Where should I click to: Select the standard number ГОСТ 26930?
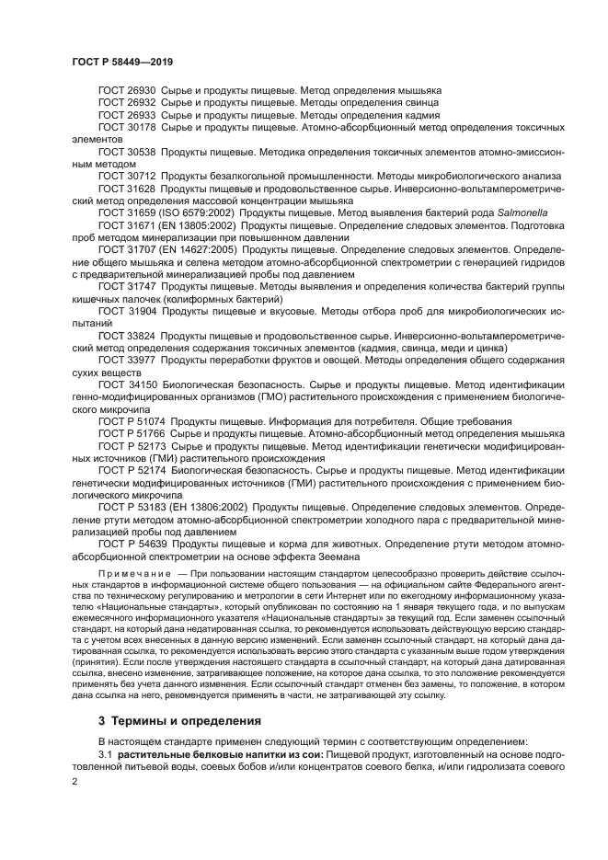[126, 90]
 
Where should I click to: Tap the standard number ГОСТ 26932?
[126, 103]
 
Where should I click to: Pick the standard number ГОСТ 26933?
[126, 116]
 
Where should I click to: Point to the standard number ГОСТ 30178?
[126, 129]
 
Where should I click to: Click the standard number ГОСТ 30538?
[126, 150]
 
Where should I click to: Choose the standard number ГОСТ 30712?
[126, 175]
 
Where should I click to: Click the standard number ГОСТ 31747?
[126, 287]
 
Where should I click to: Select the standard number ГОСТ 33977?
[126, 361]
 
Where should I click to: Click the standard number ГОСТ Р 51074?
[132, 419]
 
